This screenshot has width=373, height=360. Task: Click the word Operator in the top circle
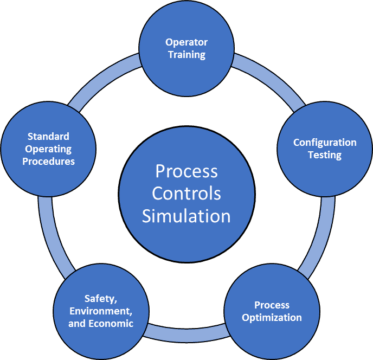click(186, 42)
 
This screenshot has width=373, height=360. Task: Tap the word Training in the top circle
click(186, 54)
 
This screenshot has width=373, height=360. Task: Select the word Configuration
click(325, 143)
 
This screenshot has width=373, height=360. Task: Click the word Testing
click(325, 155)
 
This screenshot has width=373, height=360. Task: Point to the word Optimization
click(272, 318)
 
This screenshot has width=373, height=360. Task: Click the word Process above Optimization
click(272, 305)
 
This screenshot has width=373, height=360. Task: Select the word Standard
click(48, 136)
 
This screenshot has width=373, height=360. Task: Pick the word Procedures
click(48, 161)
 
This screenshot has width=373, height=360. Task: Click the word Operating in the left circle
click(48, 149)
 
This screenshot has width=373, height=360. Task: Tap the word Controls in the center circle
click(186, 193)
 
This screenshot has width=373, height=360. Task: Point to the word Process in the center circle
click(186, 171)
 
